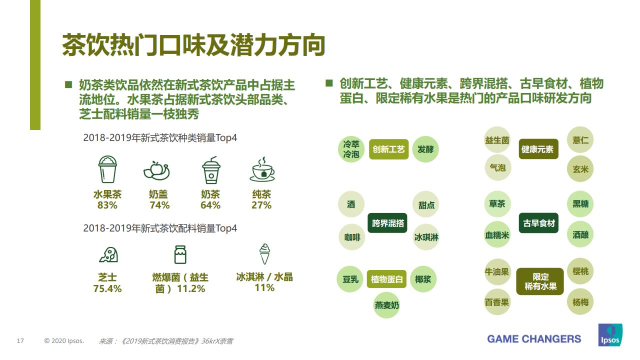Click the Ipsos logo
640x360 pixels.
click(x=610, y=335)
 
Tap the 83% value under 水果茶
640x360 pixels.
click(x=107, y=205)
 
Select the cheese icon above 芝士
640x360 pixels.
click(x=108, y=255)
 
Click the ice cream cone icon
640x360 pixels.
click(x=264, y=254)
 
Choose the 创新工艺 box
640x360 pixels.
click(x=388, y=149)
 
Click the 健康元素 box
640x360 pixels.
click(x=537, y=149)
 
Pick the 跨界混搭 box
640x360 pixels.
click(x=388, y=223)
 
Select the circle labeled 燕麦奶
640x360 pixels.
click(x=387, y=304)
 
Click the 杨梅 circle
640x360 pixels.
click(x=580, y=302)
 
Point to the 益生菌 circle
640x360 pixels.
click(x=497, y=140)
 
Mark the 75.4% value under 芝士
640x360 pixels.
click(x=107, y=288)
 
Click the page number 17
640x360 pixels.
click(x=20, y=341)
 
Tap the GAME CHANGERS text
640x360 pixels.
click(x=534, y=339)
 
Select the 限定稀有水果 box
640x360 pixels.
click(x=540, y=281)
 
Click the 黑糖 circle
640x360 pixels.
click(x=580, y=204)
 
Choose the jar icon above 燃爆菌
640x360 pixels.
click(x=180, y=254)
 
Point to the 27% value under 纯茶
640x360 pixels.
click(x=261, y=205)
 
